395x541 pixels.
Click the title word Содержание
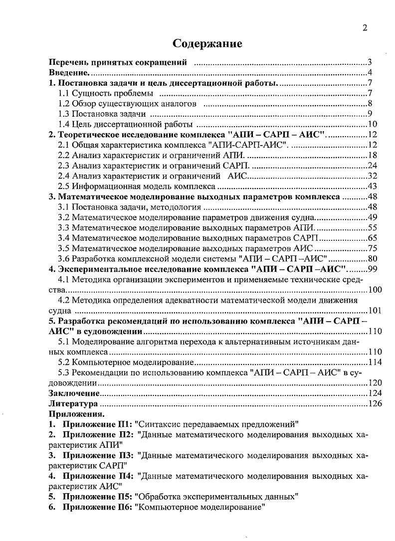click(x=207, y=43)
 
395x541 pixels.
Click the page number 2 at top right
click(x=365, y=28)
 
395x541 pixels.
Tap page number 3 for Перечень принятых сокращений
click(x=370, y=63)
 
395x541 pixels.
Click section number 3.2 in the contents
click(x=64, y=217)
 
